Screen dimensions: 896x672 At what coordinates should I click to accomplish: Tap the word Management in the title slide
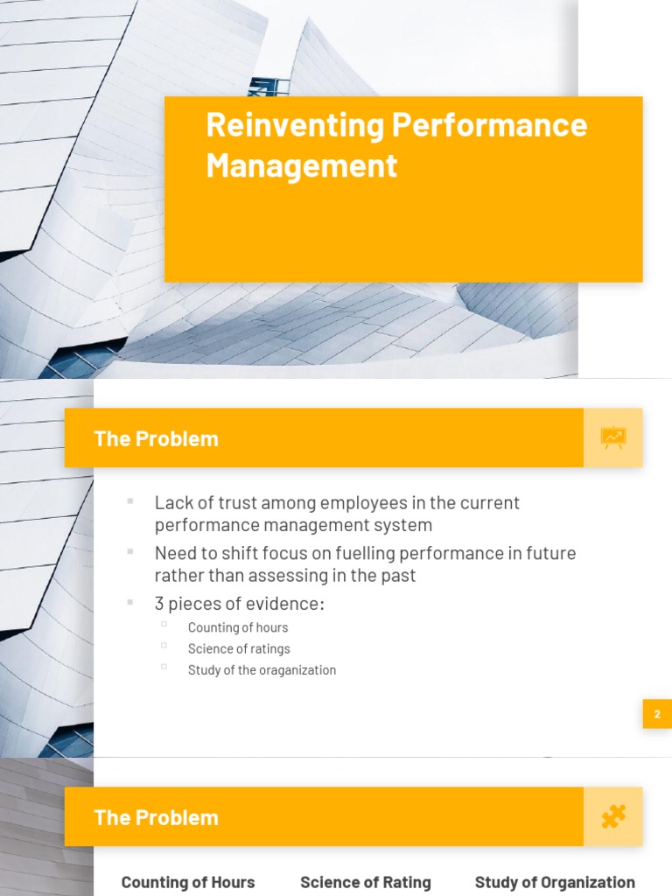[301, 164]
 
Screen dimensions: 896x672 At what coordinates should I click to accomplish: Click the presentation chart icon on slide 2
[613, 437]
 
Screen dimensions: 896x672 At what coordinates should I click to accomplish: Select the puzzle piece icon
[613, 816]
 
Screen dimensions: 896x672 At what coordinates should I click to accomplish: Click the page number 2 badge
[657, 714]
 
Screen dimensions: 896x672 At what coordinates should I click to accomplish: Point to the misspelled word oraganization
[297, 670]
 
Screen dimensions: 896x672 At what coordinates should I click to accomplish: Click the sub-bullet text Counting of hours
[237, 627]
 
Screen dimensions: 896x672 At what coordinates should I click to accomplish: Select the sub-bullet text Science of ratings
[239, 648]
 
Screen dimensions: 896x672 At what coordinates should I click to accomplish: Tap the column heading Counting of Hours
[188, 882]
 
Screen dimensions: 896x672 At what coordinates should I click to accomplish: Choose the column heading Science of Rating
[366, 882]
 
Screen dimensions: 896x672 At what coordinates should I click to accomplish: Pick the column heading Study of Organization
[555, 882]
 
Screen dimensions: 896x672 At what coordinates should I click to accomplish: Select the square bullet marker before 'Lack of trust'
[130, 501]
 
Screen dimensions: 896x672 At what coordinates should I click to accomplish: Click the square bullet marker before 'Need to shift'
[130, 551]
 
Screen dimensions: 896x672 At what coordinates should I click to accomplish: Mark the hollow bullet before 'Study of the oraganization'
[164, 667]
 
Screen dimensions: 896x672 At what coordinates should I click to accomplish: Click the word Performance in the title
[489, 125]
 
